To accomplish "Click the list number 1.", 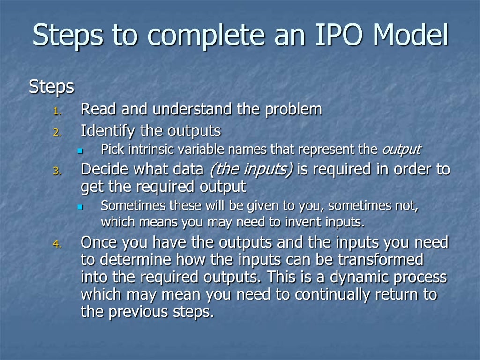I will click(x=57, y=112).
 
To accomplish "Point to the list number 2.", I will click(x=57, y=133).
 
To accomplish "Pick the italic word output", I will click(x=401, y=150).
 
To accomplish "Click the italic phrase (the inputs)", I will click(x=251, y=169).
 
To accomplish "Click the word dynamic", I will click(x=356, y=277).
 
